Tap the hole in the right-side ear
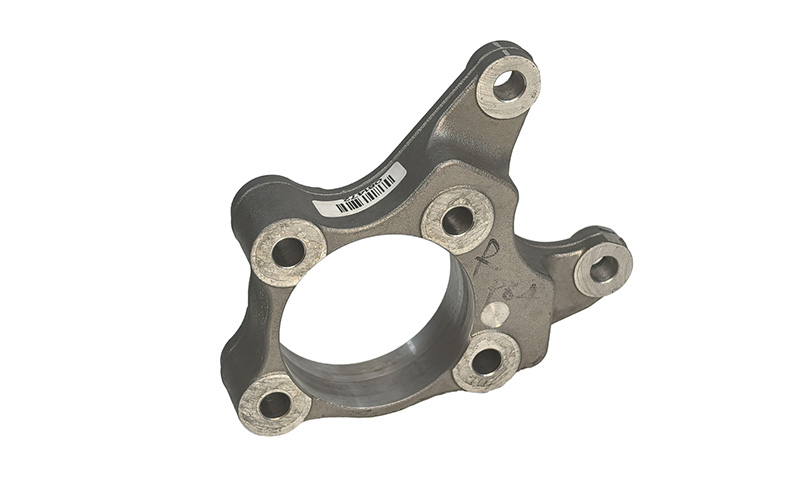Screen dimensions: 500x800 click(x=604, y=268)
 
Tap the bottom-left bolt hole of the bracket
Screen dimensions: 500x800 click(x=273, y=404)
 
